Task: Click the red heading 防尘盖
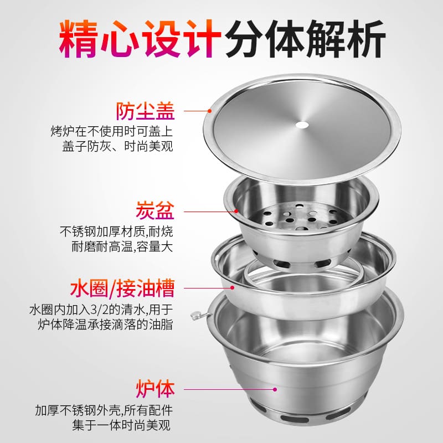click(x=146, y=111)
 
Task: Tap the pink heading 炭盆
click(x=155, y=210)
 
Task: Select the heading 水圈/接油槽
click(x=122, y=288)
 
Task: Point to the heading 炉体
click(x=155, y=389)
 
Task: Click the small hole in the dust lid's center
click(x=302, y=125)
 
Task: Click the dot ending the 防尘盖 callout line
click(x=210, y=111)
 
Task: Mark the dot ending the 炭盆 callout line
click(x=236, y=211)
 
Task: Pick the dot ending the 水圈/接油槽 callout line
click(x=232, y=287)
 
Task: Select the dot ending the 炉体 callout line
click(x=275, y=389)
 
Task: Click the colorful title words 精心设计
click(x=140, y=39)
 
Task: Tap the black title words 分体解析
click(x=306, y=39)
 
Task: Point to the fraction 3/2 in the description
click(x=99, y=310)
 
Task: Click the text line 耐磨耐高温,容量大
click(x=122, y=246)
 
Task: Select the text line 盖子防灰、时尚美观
click(x=117, y=146)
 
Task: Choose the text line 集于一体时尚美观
click(x=121, y=425)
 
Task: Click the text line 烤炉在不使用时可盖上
click(x=112, y=131)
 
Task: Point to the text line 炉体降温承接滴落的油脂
click(x=105, y=324)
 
